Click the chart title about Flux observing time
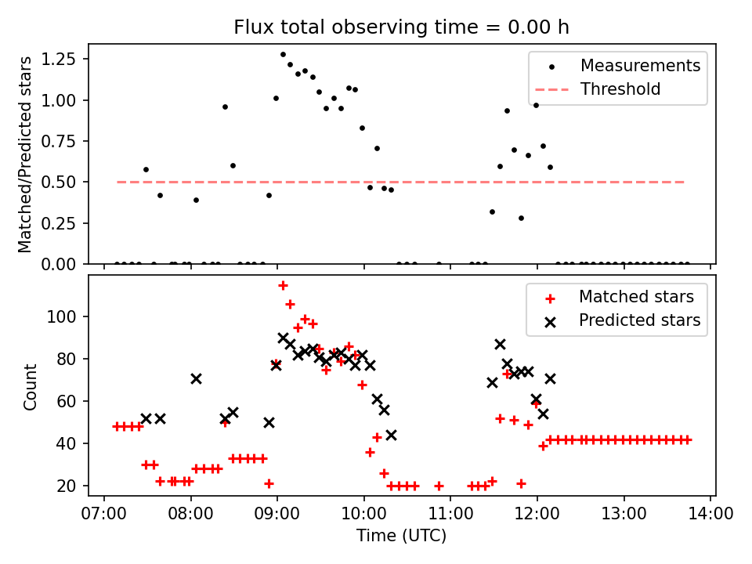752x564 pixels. pyautogui.click(x=401, y=27)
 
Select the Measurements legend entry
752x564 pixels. pyautogui.click(x=640, y=66)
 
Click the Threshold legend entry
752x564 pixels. pyautogui.click(x=620, y=89)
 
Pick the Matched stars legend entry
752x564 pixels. pyautogui.click(x=636, y=297)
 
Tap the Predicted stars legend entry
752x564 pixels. pyautogui.click(x=639, y=320)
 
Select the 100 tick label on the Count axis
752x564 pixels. pyautogui.click(x=67, y=316)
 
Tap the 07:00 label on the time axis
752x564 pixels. pyautogui.click(x=104, y=515)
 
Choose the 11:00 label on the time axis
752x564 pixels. pyautogui.click(x=450, y=515)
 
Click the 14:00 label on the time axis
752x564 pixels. pyautogui.click(x=710, y=515)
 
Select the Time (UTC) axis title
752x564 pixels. pyautogui.click(x=401, y=537)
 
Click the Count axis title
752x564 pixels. pyautogui.click(x=31, y=386)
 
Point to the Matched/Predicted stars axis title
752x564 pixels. pyautogui.click(x=25, y=154)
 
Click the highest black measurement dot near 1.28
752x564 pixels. pyautogui.click(x=283, y=55)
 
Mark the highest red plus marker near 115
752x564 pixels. pyautogui.click(x=283, y=285)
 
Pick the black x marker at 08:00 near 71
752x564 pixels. pyautogui.click(x=196, y=378)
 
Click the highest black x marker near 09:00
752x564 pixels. pyautogui.click(x=283, y=338)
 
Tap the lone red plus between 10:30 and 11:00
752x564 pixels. pyautogui.click(x=439, y=486)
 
